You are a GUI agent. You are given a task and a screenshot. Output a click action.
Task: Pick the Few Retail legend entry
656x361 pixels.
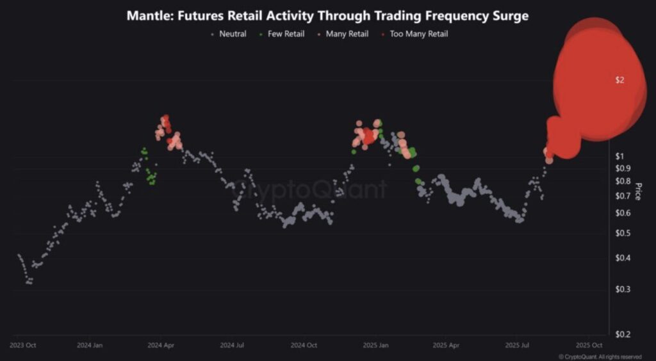point(286,34)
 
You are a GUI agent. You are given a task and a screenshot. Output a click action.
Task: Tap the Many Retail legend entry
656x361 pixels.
point(347,34)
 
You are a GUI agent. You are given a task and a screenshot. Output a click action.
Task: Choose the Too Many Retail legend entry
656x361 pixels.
point(418,34)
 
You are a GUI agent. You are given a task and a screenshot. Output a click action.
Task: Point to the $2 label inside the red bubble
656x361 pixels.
point(619,81)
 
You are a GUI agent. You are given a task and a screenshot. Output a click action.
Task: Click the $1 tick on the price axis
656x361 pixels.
point(619,156)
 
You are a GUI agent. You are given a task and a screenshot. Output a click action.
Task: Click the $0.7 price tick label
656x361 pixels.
point(622,196)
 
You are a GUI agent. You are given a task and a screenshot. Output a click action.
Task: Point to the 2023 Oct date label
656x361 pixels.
point(23,345)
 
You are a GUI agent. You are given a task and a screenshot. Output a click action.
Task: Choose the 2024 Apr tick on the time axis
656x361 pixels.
point(161,345)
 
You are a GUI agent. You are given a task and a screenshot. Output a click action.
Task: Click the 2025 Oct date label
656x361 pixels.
point(589,345)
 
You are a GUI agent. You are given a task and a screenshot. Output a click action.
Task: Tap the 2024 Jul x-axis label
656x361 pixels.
point(233,345)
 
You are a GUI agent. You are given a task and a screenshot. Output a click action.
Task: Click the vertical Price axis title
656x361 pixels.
point(638,190)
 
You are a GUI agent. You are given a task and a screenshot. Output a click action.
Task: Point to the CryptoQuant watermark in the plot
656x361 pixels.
point(309,190)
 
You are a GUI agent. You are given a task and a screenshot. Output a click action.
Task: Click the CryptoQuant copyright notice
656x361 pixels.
point(600,357)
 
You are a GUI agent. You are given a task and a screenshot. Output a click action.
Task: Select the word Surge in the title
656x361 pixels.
point(509,15)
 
